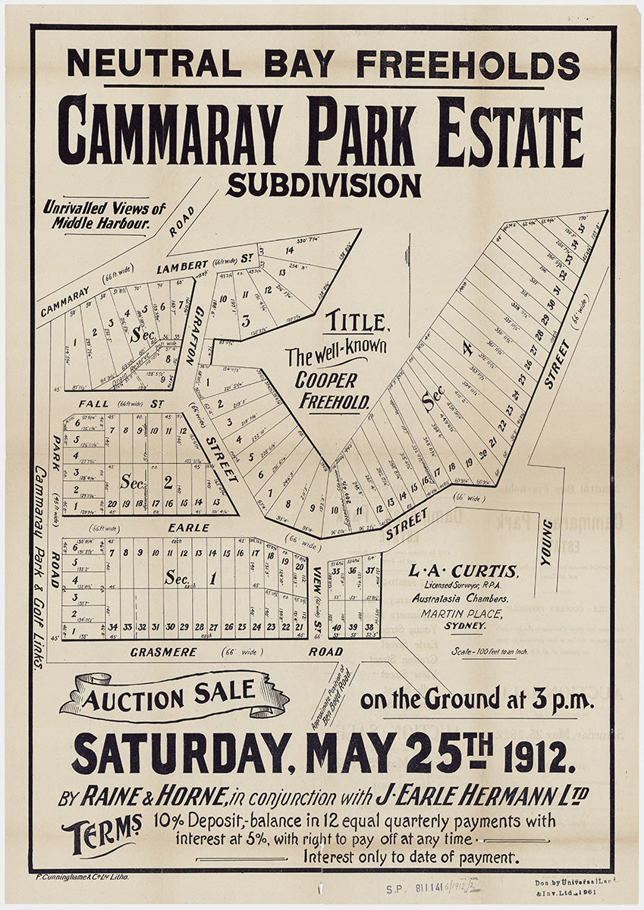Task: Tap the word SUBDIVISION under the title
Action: point(323,186)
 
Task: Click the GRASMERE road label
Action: point(163,651)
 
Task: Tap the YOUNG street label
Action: point(546,541)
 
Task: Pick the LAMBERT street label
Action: point(182,267)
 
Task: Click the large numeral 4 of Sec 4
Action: point(468,349)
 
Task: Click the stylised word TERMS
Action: point(102,834)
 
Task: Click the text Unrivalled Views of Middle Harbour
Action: point(105,215)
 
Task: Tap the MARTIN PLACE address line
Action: point(463,613)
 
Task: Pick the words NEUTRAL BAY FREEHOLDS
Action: point(323,64)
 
